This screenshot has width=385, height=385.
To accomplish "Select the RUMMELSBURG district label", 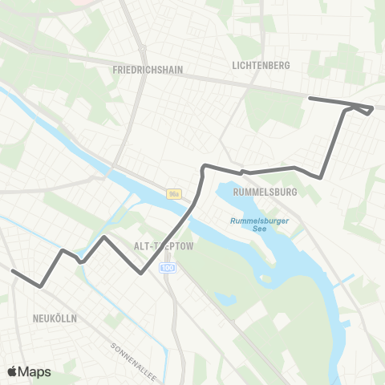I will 265,192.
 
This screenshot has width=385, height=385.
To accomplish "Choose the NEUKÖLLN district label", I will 55,318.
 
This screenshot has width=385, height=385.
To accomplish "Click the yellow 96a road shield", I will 175,193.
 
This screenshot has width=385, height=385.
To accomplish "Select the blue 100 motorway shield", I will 167,267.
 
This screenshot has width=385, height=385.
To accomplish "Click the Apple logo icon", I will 12,371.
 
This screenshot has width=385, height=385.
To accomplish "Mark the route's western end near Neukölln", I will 14,271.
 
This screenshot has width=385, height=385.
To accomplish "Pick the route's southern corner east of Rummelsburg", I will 320,177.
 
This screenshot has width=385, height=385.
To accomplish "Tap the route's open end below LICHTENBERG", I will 310,99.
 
